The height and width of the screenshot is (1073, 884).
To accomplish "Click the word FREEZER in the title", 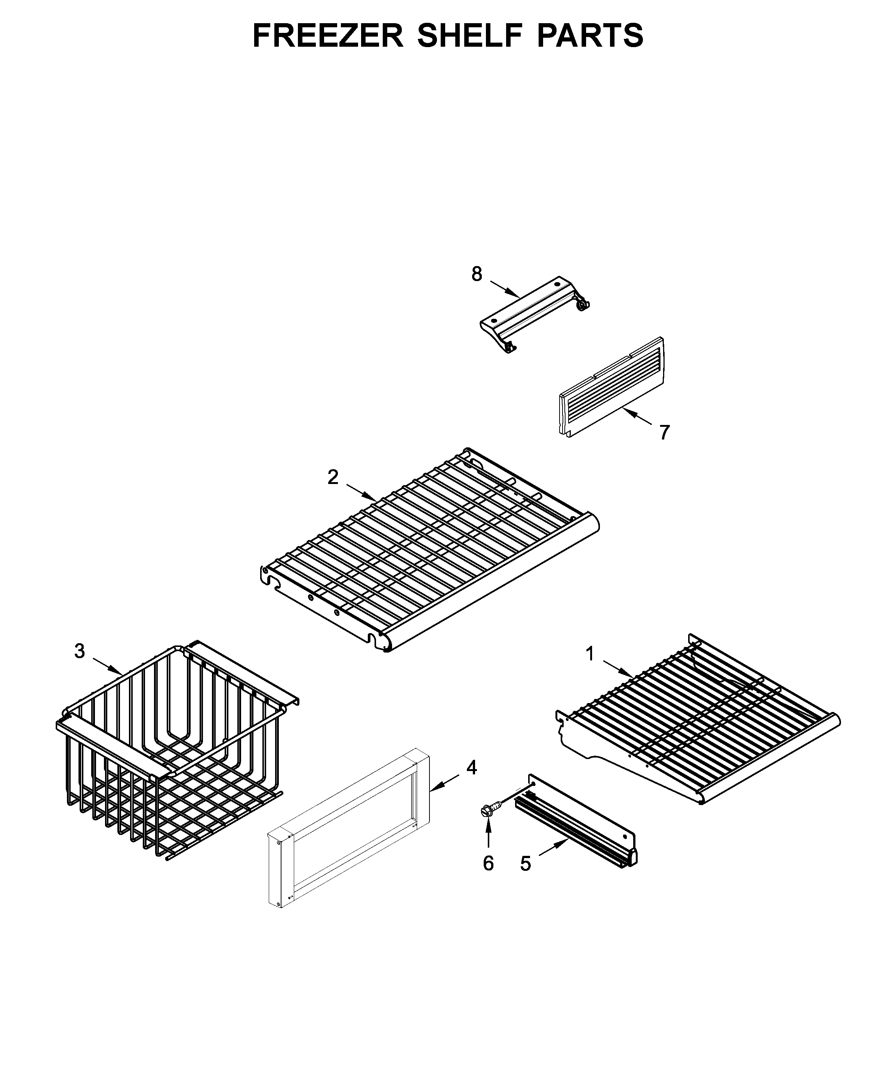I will coord(328,36).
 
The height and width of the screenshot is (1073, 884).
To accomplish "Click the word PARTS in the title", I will coord(590,36).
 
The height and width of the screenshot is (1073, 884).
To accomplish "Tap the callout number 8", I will coord(476,274).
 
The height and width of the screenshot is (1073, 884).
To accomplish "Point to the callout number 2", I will coord(333,477).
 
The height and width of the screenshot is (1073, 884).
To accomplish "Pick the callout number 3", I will coord(80,651).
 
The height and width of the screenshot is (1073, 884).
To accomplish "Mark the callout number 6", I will coord(488,863).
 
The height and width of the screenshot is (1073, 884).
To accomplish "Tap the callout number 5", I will coord(525,864).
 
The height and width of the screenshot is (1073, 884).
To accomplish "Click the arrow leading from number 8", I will coord(505,288).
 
